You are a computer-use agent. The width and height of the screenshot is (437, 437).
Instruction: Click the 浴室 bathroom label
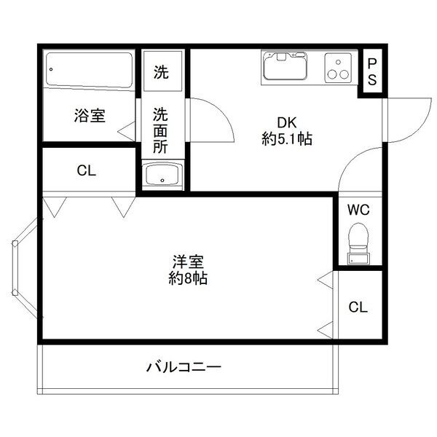coord(90,115)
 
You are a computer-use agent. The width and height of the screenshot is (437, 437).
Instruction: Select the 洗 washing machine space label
coord(161,72)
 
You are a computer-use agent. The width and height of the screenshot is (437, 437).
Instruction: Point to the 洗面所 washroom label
coord(161,130)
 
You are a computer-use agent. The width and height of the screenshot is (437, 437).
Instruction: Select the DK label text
coord(286,123)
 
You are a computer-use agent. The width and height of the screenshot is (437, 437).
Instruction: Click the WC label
coord(358,210)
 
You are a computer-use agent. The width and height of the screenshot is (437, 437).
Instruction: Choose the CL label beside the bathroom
coord(87,171)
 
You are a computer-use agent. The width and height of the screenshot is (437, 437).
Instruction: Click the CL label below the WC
coord(357,307)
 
